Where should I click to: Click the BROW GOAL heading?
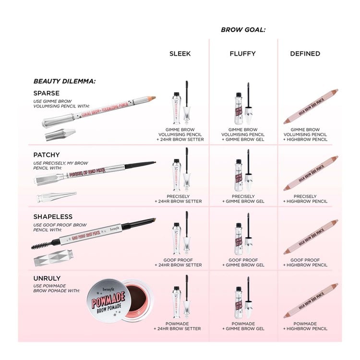tap(243, 30)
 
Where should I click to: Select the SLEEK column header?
tap(180, 54)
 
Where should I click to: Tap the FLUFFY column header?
tap(242, 54)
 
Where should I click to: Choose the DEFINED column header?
tap(305, 54)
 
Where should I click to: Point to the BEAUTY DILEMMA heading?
tap(64, 81)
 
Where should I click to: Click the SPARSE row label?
tap(47, 93)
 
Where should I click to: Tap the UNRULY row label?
tap(47, 278)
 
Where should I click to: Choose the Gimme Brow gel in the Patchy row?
tap(243, 172)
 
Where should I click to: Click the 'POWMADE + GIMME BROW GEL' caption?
tap(243, 326)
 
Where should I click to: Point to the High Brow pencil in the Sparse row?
tap(311, 106)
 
